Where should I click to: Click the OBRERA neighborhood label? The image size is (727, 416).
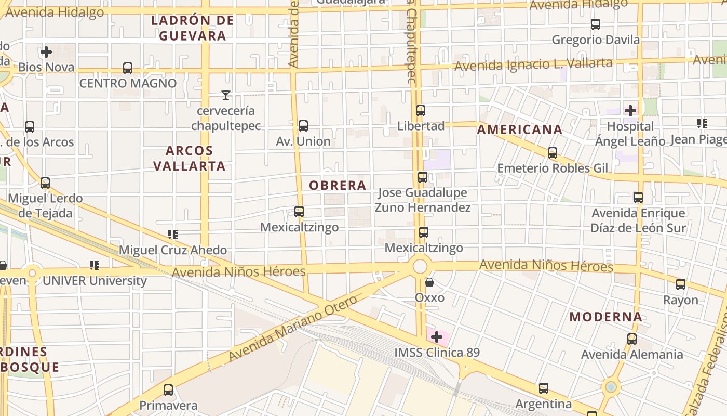point(338,185)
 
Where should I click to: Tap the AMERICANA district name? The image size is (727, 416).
point(519,129)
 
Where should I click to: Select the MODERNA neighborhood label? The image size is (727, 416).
point(605,317)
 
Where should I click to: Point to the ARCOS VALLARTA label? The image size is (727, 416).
point(196,158)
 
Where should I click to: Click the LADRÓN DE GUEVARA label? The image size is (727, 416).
point(193,28)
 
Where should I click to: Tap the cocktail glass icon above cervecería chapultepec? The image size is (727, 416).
point(226,95)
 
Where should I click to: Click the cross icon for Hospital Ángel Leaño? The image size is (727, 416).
point(630,111)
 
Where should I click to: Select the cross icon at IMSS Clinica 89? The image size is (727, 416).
point(437,337)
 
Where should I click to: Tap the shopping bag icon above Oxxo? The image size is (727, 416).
point(429,282)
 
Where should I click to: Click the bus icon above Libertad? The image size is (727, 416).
point(421,111)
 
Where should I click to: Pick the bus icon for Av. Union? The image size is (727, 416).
point(303,126)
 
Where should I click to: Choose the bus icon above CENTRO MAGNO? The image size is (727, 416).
point(128,68)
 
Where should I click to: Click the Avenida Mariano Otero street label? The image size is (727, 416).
point(293,329)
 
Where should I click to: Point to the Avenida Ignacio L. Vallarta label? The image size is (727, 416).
point(533,64)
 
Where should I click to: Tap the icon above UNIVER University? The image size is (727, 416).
point(94,265)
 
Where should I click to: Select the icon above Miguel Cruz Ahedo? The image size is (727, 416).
point(173,235)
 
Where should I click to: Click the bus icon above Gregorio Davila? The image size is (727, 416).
point(596,24)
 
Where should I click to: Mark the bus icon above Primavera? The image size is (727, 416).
point(168,390)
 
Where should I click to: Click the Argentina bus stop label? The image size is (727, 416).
point(543,404)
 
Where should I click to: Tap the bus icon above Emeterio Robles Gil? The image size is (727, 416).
point(553,153)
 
